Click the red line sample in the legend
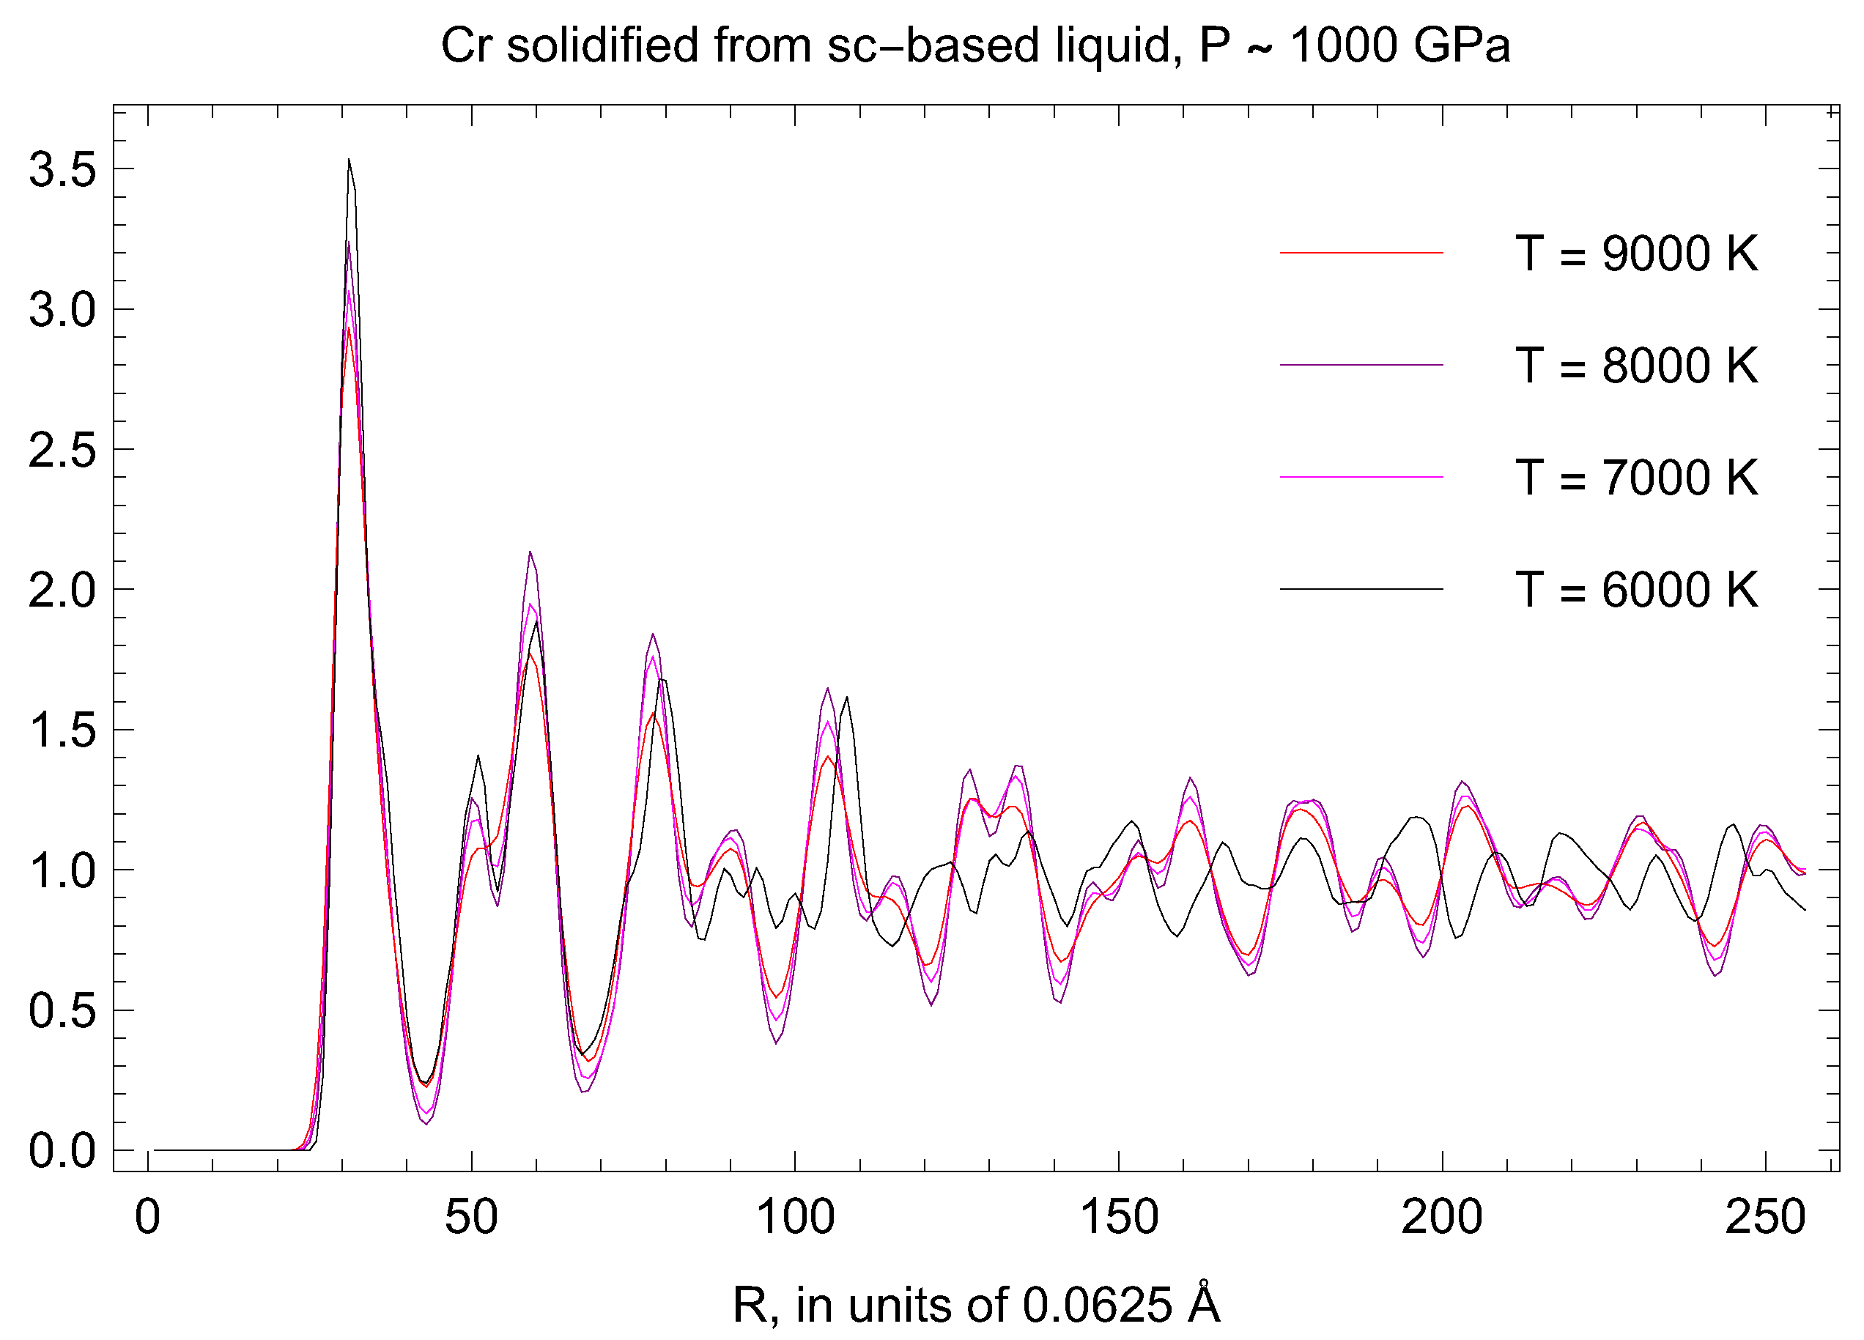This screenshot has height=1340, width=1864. pyautogui.click(x=1361, y=253)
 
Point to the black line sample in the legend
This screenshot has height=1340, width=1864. pyautogui.click(x=1361, y=589)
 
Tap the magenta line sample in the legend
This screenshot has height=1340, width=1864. pyautogui.click(x=1361, y=476)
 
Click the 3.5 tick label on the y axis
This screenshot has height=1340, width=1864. pyautogui.click(x=62, y=171)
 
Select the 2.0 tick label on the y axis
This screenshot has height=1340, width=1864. pyautogui.click(x=62, y=591)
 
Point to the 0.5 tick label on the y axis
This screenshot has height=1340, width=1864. pyautogui.click(x=62, y=1011)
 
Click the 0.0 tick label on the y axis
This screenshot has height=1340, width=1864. pyautogui.click(x=62, y=1152)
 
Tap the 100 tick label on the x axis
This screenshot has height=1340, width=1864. pyautogui.click(x=795, y=1218)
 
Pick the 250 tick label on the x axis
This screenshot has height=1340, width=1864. pyautogui.click(x=1764, y=1218)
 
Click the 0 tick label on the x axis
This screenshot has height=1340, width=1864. pyautogui.click(x=148, y=1218)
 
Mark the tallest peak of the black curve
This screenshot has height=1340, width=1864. pyautogui.click(x=349, y=161)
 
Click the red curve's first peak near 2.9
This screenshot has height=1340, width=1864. pyautogui.click(x=349, y=330)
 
